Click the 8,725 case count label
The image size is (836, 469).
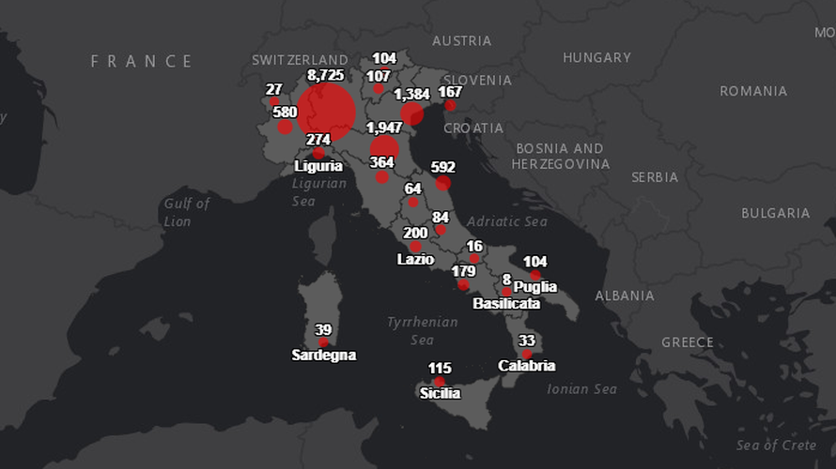(328, 74)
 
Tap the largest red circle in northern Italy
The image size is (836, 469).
(326, 112)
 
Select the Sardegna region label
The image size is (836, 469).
(323, 356)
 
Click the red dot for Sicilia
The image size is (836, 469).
(440, 382)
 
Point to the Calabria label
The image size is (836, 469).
(527, 366)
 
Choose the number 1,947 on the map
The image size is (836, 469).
(384, 128)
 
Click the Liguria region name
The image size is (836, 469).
(318, 166)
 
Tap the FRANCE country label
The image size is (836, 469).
(142, 62)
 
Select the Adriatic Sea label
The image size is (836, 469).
(506, 222)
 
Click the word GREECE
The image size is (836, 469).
(687, 342)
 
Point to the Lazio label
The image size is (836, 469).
(415, 259)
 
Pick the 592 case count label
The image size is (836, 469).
(442, 167)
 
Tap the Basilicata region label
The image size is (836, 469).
(506, 304)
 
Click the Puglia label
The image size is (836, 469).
(535, 287)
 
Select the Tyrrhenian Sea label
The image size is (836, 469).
(423, 330)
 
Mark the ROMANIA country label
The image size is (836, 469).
(753, 91)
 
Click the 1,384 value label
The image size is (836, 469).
(411, 95)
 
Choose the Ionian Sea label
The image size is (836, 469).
(581, 388)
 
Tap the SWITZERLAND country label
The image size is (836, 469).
(300, 60)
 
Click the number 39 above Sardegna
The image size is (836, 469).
(323, 330)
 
